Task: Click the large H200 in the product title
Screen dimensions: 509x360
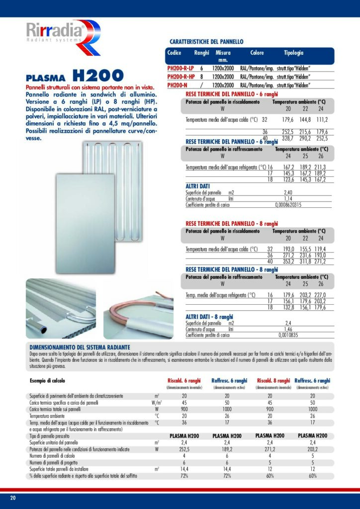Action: [x=97, y=76]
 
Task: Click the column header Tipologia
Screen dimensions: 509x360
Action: [x=293, y=53]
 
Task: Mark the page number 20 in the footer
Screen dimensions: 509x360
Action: [x=13, y=498]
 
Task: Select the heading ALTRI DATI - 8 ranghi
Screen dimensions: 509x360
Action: [x=209, y=317]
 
